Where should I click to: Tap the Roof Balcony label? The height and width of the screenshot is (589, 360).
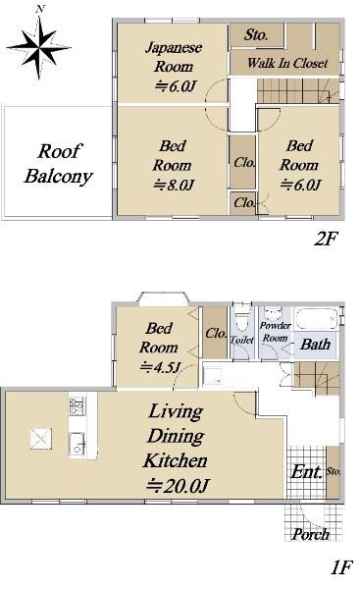58,164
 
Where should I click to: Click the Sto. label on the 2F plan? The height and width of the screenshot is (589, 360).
256,35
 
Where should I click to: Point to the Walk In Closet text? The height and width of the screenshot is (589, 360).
293,63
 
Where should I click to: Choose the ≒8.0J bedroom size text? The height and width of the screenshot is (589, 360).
175,185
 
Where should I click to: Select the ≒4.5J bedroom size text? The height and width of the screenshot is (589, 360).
158,367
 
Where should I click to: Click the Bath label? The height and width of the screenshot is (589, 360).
315,345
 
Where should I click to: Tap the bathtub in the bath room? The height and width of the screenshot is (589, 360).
317,321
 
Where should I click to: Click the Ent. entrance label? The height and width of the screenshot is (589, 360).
306,472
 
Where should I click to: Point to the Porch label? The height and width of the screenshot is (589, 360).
310,534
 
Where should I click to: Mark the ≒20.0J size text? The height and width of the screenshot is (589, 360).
180,485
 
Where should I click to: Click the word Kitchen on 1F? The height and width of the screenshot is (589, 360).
178,458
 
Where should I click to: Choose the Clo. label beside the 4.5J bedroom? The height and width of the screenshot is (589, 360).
216,333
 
